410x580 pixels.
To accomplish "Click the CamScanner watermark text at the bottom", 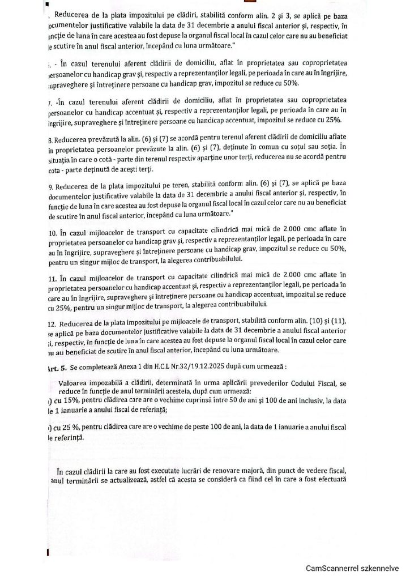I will (353, 568).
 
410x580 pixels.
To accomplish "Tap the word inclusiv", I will (314, 401).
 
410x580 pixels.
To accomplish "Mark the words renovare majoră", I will (264, 471).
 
